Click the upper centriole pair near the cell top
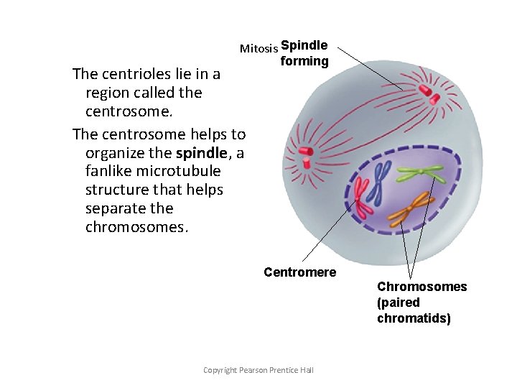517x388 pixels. tap(429, 91)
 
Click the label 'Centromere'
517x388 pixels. tap(300, 272)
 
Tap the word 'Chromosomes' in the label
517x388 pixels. tap(421, 287)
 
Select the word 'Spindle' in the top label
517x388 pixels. tap(304, 45)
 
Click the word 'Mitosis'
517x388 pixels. tap(258, 49)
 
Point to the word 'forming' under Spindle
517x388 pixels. tap(304, 61)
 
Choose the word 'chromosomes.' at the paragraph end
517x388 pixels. tap(136, 227)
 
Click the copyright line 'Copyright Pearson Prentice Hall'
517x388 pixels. tap(258, 370)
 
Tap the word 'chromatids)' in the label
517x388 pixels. tap(414, 318)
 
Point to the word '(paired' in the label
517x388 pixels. tap(399, 302)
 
